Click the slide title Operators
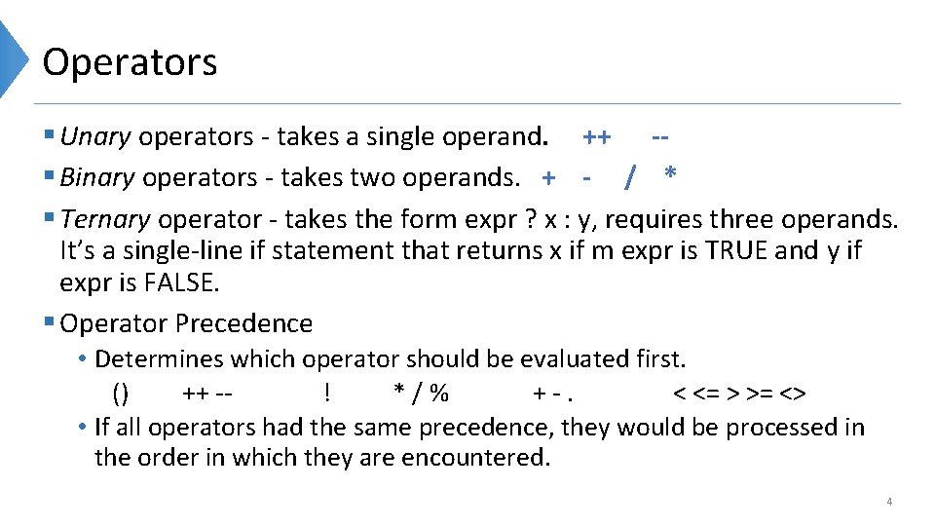[130, 62]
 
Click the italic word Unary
[95, 136]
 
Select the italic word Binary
[97, 177]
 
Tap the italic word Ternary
[105, 218]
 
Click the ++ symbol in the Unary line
[596, 136]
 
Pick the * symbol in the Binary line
[670, 175]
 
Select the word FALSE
[183, 282]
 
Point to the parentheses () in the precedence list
[120, 394]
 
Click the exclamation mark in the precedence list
[326, 393]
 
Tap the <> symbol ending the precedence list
[794, 394]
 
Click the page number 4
[888, 502]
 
